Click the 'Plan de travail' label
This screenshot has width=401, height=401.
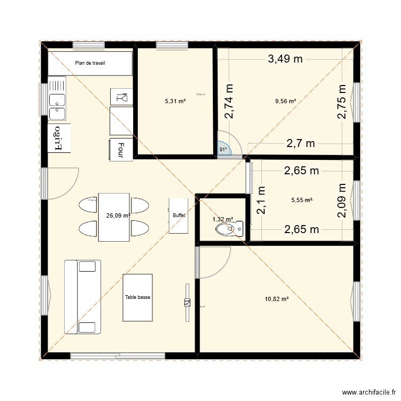point(90,63)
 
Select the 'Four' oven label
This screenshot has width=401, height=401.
point(121,150)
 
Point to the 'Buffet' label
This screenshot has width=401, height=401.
point(179,215)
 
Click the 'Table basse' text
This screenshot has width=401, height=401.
point(137,297)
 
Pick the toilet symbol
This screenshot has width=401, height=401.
point(227,229)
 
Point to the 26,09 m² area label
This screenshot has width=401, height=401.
point(119,216)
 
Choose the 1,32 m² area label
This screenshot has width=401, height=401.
point(222,219)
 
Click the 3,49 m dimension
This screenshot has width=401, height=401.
point(285,59)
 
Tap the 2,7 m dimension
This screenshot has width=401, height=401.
point(300,143)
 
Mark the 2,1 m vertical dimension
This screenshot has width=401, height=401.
point(261,200)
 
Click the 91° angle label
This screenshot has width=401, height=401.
point(223,150)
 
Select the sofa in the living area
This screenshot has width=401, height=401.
point(82,297)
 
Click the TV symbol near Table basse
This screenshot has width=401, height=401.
point(187,303)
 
